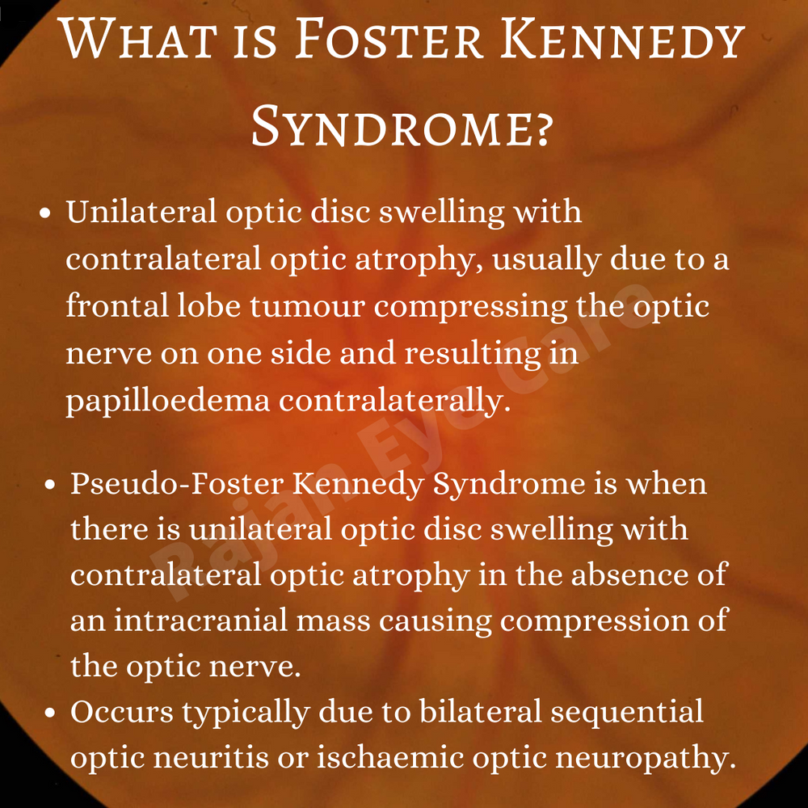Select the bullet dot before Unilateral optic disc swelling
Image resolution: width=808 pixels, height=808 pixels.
46,214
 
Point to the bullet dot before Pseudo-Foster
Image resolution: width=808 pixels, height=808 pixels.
50,486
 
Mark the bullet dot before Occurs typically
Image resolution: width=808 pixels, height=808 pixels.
50,713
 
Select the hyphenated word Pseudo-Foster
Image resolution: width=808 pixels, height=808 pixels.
175,484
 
